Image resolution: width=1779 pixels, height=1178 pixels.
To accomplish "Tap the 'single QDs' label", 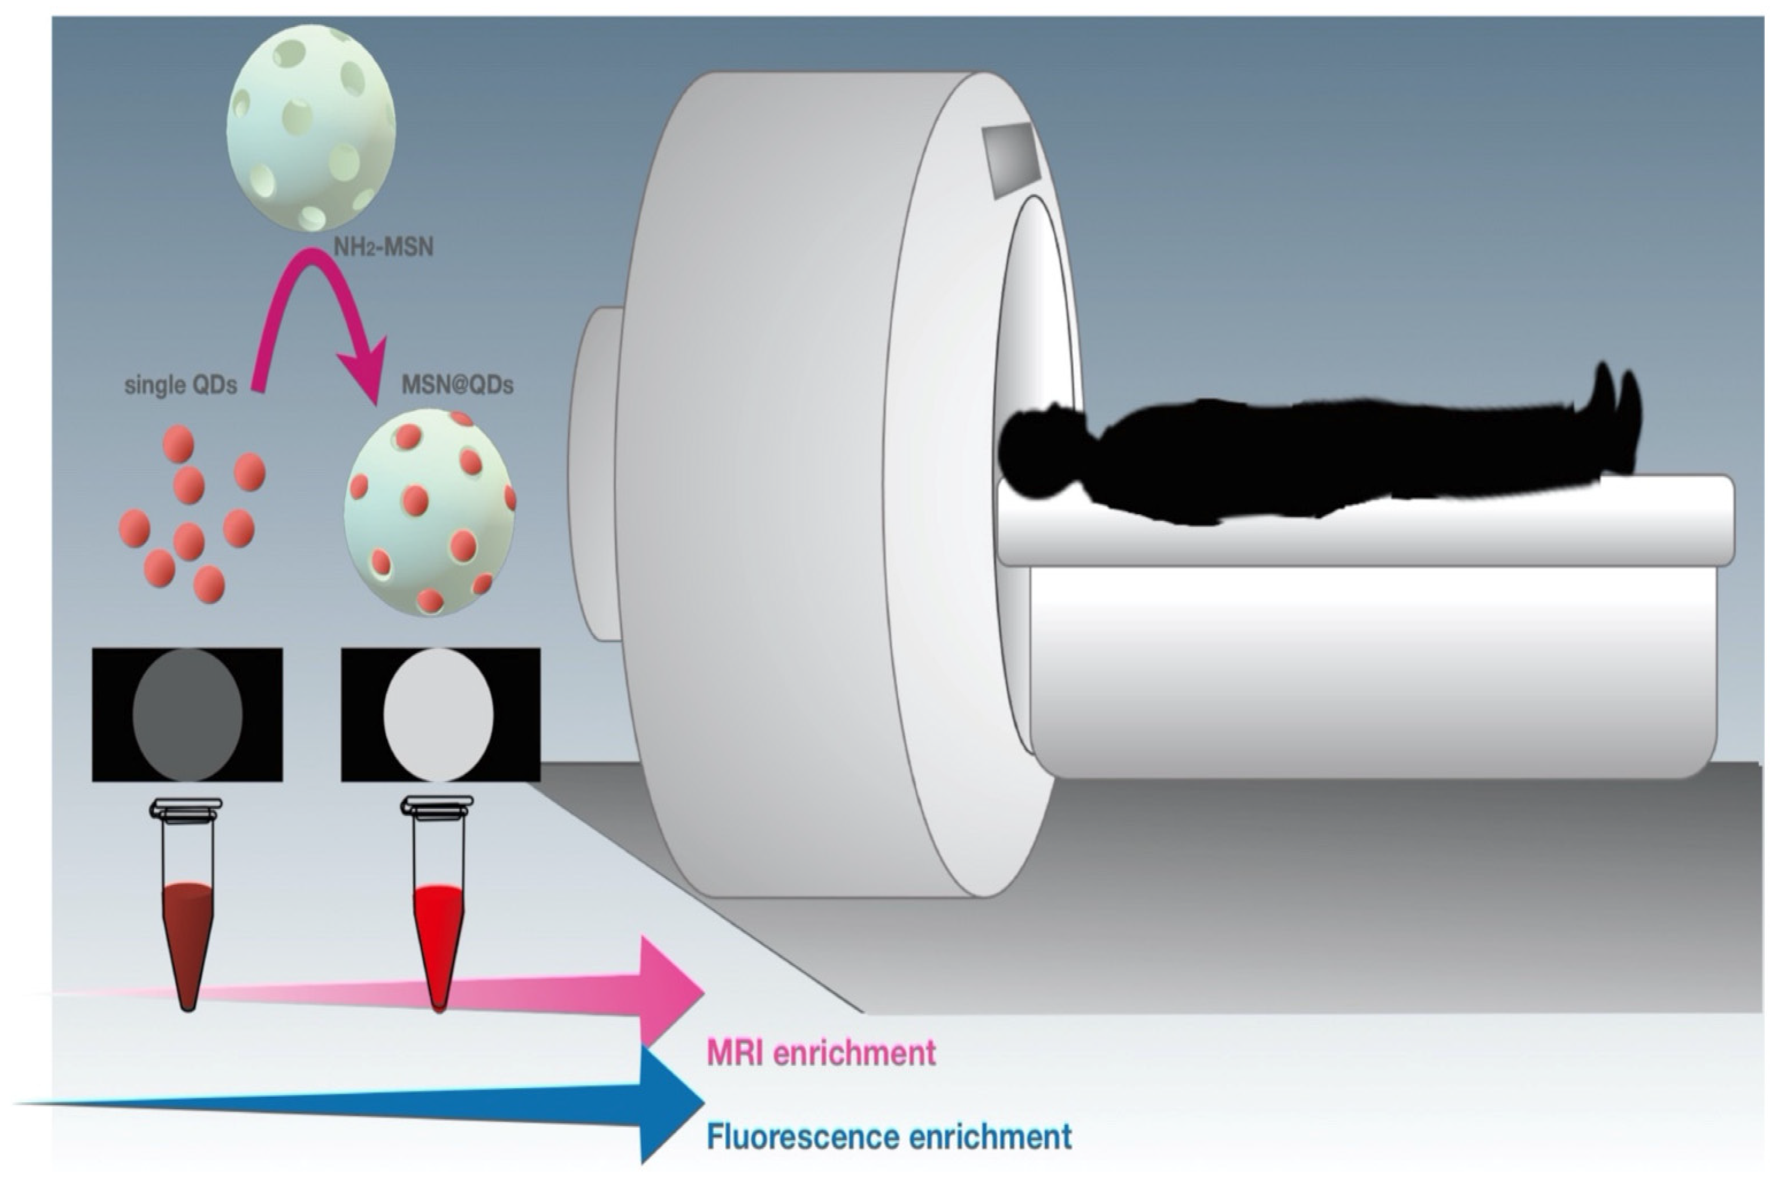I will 180,385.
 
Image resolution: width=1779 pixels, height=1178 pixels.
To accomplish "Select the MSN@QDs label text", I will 458,385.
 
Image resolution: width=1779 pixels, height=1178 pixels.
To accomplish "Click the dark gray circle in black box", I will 188,714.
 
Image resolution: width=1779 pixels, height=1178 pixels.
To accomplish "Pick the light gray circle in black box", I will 439,714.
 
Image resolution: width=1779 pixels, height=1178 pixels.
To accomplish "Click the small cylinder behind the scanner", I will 593,473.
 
